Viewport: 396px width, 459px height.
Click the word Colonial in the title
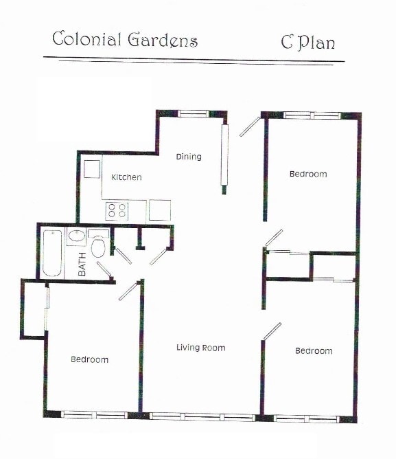coord(87,39)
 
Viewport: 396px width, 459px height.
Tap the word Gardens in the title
coord(163,40)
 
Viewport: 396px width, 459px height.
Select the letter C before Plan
coord(288,41)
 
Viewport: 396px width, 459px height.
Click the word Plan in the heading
coord(316,43)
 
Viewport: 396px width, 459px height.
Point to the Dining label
coord(189,157)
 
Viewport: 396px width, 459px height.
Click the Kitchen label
coord(127,177)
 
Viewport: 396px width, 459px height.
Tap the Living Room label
coord(200,348)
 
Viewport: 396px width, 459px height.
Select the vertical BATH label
coord(82,264)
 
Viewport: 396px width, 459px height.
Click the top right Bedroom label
coord(308,174)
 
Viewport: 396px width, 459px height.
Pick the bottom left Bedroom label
coord(90,359)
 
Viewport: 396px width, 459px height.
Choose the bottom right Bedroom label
coord(314,351)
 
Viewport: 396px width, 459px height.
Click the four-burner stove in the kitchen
coord(117,210)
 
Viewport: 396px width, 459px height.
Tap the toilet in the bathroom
coord(98,247)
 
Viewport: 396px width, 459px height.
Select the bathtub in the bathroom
coord(53,252)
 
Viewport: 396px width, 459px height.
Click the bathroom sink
coord(76,237)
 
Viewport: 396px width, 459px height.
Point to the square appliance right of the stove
coord(159,210)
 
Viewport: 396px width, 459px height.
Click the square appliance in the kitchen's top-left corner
coord(92,169)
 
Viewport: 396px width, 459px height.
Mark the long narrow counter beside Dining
coord(224,155)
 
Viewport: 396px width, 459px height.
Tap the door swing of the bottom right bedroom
coord(272,331)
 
